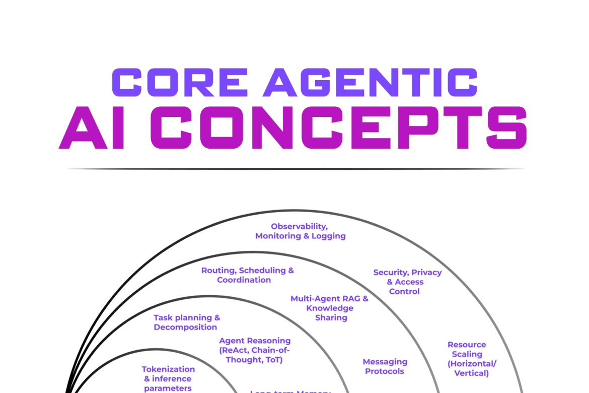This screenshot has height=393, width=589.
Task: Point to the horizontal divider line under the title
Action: (296, 169)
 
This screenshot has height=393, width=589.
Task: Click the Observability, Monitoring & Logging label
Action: (301, 231)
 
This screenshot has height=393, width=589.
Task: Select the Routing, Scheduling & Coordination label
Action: (247, 275)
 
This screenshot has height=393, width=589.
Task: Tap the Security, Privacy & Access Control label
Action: (407, 282)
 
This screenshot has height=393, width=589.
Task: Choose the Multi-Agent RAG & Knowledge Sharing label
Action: (330, 308)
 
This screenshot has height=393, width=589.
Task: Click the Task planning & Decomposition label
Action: (186, 322)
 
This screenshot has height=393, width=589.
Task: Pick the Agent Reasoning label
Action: (255, 350)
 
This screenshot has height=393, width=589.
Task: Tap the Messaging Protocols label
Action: (386, 366)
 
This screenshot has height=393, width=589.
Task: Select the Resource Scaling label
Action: (467, 359)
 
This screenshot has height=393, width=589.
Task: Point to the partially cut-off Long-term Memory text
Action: (291, 391)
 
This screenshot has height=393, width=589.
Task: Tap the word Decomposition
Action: (185, 327)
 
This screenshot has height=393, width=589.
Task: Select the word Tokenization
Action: (168, 369)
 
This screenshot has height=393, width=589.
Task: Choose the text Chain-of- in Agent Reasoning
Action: (270, 350)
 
